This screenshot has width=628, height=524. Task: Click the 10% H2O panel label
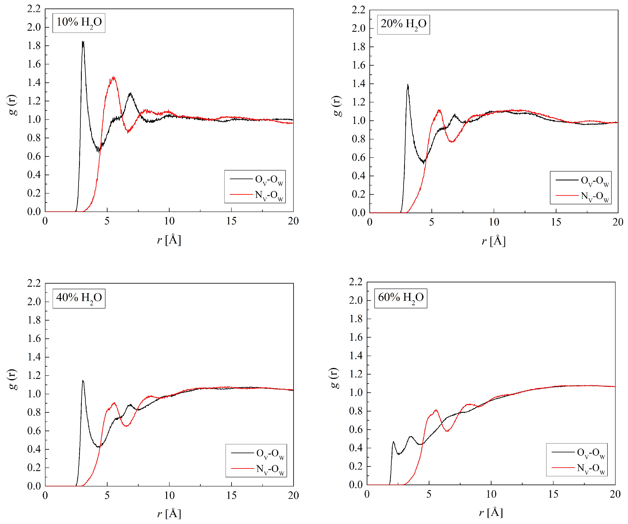79,22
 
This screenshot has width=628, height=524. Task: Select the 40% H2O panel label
79,298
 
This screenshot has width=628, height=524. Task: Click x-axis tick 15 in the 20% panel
556,222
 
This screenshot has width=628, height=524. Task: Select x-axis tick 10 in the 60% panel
491,494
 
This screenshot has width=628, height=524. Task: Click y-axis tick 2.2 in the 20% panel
359,10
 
